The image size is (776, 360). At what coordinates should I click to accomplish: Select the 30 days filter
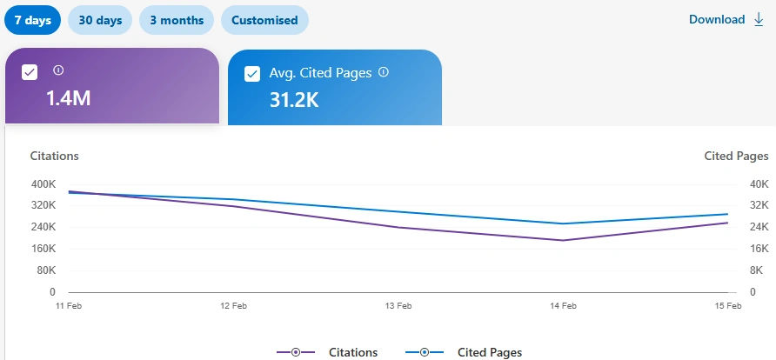click(100, 20)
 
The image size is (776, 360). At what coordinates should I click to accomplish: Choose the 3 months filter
click(176, 20)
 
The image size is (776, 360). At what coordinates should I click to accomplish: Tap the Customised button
click(264, 20)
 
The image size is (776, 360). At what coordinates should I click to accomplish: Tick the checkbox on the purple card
click(30, 72)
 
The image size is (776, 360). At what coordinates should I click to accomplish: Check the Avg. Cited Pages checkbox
click(252, 74)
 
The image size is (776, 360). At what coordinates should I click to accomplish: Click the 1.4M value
click(68, 98)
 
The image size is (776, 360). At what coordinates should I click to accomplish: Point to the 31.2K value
click(294, 100)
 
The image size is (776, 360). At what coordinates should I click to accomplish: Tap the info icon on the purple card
click(58, 70)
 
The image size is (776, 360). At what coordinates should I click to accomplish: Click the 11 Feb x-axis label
click(68, 306)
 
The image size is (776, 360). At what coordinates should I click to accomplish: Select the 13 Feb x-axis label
click(398, 306)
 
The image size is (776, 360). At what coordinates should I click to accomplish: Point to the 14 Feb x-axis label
click(564, 306)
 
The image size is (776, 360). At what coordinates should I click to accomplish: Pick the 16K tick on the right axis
click(759, 249)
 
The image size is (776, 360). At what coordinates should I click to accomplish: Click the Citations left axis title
click(55, 156)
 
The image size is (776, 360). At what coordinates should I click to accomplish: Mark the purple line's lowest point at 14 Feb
click(564, 240)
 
